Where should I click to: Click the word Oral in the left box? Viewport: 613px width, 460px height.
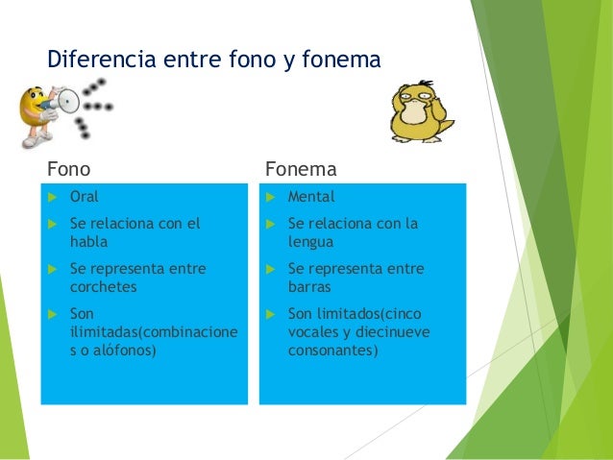click(85, 198)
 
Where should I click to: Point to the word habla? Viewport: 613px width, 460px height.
click(89, 242)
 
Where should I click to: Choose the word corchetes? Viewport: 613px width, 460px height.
click(104, 286)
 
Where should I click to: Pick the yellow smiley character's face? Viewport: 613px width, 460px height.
click(40, 102)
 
